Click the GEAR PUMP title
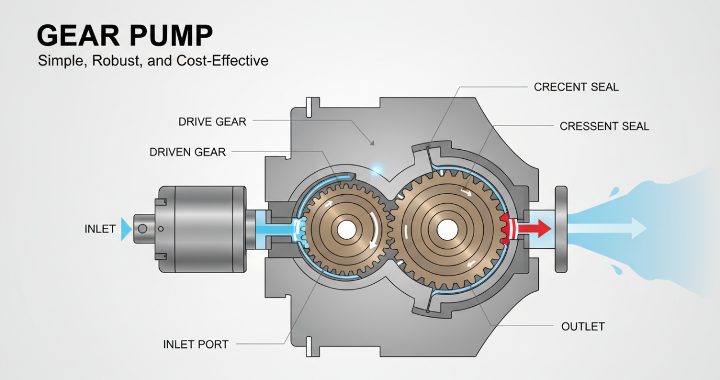coord(125,36)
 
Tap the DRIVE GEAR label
coord(212,122)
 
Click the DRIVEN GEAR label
coord(187,152)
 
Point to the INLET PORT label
coord(196,344)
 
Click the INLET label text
coord(100,229)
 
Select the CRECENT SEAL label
coord(576,87)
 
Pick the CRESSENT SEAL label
coord(604,127)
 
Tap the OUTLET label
coord(583,327)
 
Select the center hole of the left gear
coord(346,229)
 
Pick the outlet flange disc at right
coord(561,229)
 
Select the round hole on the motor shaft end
coord(143,229)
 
